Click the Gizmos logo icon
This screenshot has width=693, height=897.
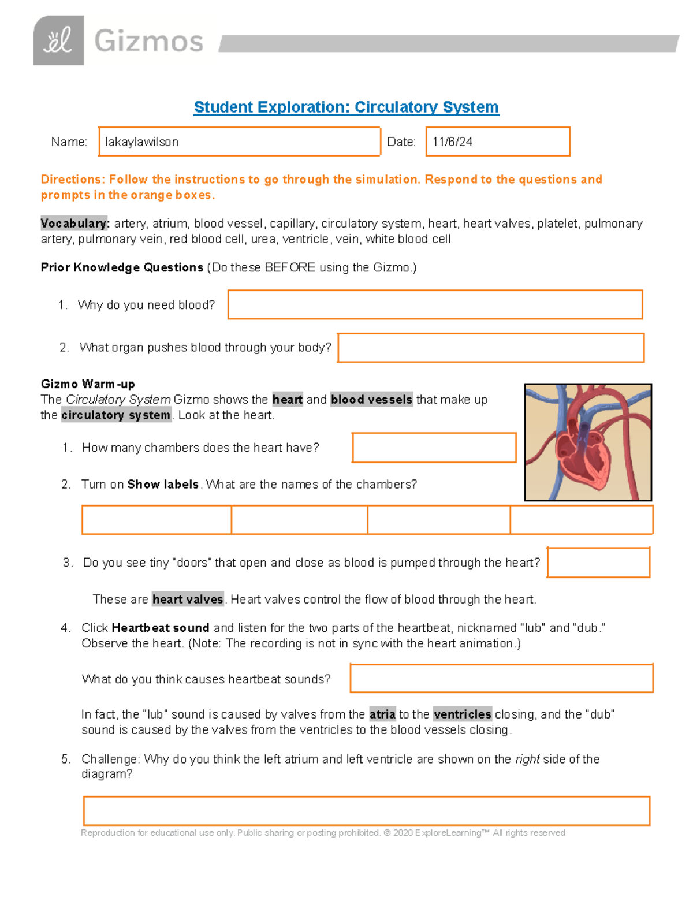tap(58, 40)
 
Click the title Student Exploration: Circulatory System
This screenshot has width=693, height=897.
tap(346, 107)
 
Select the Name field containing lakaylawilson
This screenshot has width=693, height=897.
tap(239, 142)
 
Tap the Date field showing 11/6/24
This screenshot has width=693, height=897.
tap(497, 142)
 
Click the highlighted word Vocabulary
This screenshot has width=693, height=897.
tap(74, 224)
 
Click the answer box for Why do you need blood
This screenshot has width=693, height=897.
tap(435, 304)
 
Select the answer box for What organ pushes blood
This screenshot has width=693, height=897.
tap(490, 348)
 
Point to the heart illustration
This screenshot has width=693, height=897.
tap(588, 442)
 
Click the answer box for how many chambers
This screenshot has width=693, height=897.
tap(434, 448)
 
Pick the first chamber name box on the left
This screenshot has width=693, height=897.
tap(157, 520)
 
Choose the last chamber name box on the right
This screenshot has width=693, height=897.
tap(581, 520)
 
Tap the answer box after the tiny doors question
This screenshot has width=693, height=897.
tap(598, 563)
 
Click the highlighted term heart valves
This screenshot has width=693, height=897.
tap(188, 600)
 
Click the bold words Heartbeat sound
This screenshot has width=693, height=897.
tap(161, 628)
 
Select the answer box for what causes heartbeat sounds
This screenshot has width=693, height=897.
tap(501, 678)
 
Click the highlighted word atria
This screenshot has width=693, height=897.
tap(382, 714)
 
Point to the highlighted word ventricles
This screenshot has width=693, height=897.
tap(463, 714)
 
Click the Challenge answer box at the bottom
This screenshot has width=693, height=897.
tap(367, 811)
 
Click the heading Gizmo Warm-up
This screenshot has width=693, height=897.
tap(88, 384)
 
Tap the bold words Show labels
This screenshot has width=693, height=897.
tap(163, 485)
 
